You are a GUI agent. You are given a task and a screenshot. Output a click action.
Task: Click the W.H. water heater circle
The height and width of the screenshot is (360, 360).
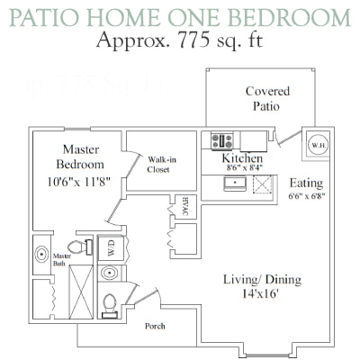[319, 145]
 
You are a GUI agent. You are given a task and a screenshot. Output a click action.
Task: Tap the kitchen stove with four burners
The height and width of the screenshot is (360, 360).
[222, 140]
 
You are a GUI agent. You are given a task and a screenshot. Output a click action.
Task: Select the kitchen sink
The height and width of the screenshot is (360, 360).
[235, 184]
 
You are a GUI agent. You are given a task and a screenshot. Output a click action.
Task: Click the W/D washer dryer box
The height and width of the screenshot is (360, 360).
[112, 248]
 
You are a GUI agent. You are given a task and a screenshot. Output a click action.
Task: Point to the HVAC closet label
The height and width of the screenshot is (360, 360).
[185, 206]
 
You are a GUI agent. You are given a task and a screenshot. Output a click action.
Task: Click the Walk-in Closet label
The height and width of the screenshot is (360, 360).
[161, 165]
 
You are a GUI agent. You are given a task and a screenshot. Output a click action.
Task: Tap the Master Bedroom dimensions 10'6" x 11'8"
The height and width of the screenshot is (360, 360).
[79, 182]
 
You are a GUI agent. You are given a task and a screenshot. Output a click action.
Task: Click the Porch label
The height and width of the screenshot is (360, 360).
[155, 326]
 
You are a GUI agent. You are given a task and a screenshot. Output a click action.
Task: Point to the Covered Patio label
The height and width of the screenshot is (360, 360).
[267, 99]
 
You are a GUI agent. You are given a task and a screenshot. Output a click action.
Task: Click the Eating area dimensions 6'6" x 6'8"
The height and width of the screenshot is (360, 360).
[307, 196]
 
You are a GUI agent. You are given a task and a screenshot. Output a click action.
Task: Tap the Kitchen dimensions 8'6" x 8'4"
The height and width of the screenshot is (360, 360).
[245, 167]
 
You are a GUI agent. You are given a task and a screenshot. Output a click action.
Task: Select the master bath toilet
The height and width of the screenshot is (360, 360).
[80, 247]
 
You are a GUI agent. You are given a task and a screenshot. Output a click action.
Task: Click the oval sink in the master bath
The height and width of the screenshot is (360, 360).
[41, 255]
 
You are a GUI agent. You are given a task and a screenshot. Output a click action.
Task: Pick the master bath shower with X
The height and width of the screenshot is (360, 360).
[81, 292]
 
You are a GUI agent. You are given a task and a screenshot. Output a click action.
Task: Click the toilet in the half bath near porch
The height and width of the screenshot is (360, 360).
[110, 305]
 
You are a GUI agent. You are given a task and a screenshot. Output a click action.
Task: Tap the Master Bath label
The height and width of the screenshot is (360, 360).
[62, 260]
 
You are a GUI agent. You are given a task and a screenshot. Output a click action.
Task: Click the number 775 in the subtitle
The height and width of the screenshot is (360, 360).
[193, 40]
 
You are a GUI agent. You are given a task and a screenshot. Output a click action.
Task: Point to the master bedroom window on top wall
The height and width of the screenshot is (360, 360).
[77, 130]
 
